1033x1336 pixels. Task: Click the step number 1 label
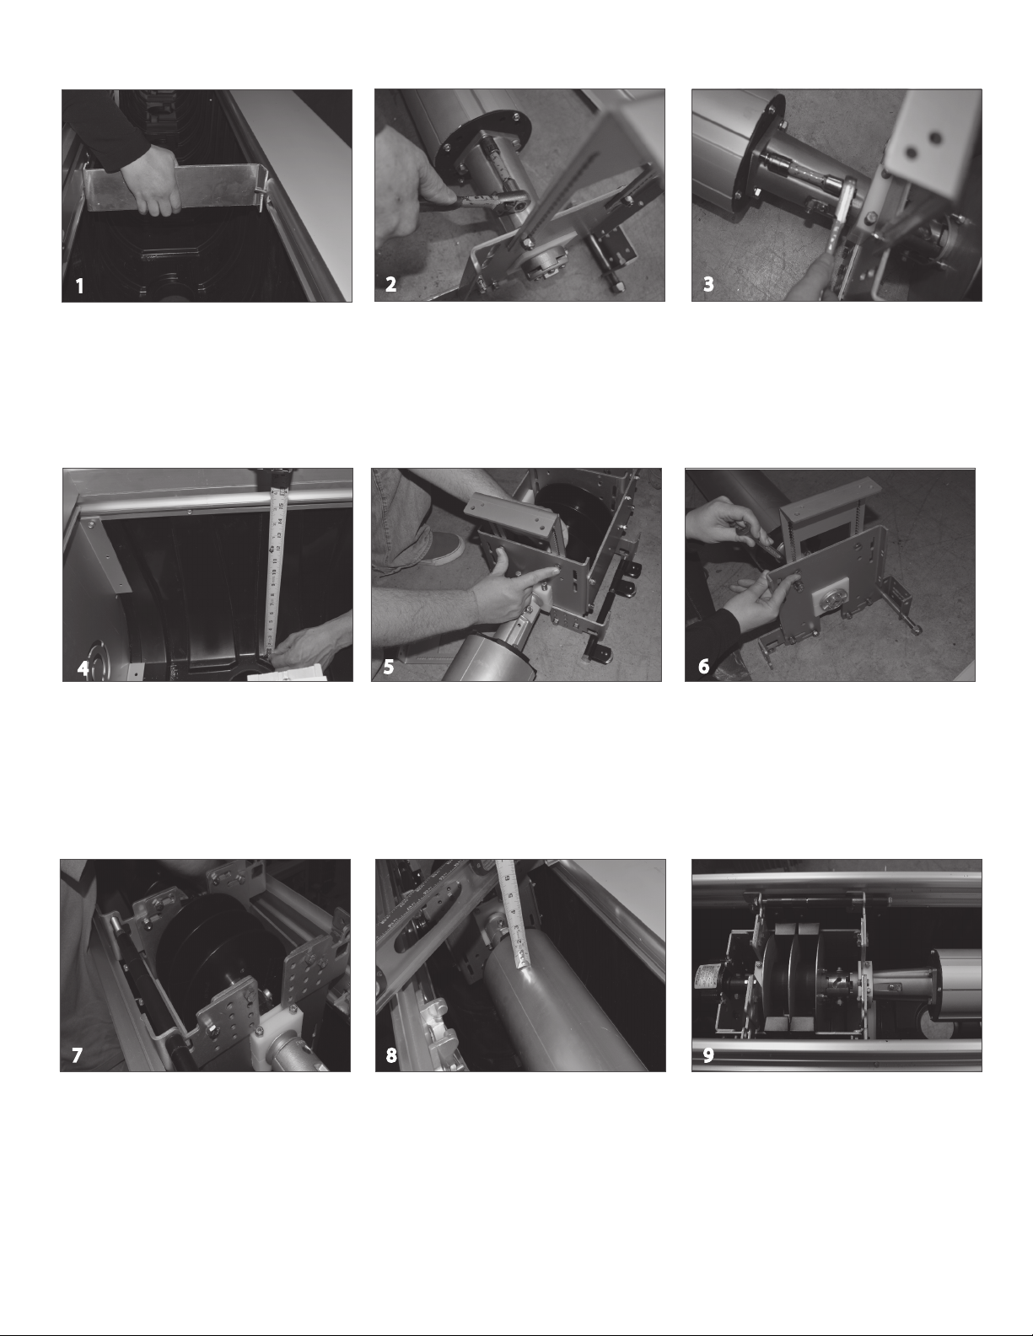(x=79, y=286)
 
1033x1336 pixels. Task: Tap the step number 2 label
(x=391, y=285)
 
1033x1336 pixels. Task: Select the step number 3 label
(x=708, y=285)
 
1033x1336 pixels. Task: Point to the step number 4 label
(x=83, y=668)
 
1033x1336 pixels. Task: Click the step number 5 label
(x=389, y=667)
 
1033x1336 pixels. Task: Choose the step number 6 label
(x=704, y=667)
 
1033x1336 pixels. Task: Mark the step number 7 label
(x=77, y=1055)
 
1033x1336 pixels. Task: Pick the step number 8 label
(x=391, y=1055)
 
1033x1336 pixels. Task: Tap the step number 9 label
(x=708, y=1055)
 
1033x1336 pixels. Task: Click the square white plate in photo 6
(x=831, y=598)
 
